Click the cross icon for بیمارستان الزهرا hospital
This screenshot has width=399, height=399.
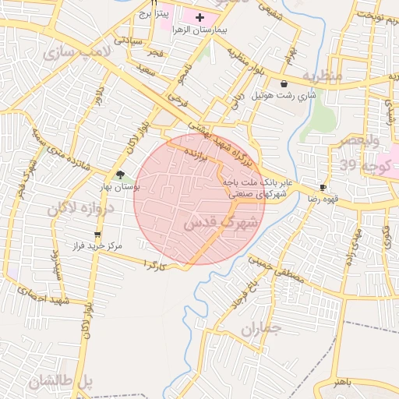click(199, 16)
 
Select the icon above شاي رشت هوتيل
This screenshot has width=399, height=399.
click(284, 83)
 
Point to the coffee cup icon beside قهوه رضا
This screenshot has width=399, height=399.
click(323, 188)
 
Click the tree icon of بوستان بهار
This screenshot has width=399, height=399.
click(120, 175)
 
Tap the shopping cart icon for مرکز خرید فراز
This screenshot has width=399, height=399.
click(97, 234)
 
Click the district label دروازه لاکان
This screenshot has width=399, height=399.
click(80, 208)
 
